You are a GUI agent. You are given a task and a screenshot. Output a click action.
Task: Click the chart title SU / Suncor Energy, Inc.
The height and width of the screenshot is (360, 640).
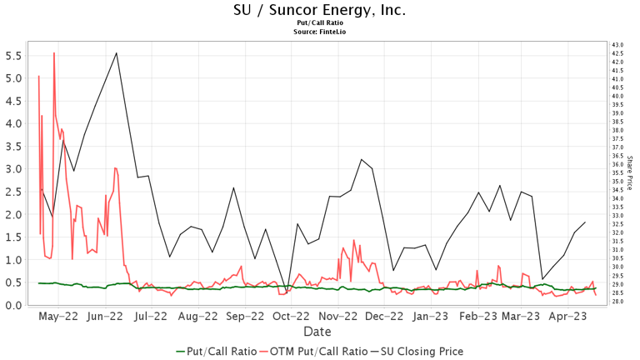pos(319,11)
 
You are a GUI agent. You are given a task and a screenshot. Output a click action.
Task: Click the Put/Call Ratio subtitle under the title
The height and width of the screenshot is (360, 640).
pos(319,23)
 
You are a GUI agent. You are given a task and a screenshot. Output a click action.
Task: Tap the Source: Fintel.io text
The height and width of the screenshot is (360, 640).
pos(319,32)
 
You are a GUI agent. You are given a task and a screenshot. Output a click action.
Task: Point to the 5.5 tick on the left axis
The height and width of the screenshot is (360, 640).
pos(12,56)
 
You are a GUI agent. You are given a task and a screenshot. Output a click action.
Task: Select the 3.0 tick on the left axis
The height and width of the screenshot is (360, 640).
pos(12,169)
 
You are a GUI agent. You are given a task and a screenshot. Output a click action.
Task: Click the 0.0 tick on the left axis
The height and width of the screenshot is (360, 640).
pos(12,305)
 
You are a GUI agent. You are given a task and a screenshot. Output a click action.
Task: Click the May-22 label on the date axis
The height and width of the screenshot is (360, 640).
pos(58,317)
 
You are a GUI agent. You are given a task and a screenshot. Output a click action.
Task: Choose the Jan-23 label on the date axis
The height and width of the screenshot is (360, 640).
pos(433,317)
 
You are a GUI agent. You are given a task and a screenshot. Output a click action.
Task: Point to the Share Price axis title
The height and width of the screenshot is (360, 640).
pos(630,173)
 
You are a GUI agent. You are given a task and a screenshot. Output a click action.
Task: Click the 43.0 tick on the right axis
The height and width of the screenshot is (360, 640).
pos(617,44)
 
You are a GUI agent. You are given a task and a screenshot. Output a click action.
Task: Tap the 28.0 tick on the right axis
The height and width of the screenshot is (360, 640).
pos(617,302)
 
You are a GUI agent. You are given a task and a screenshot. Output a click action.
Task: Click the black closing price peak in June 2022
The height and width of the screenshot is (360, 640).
pos(116,53)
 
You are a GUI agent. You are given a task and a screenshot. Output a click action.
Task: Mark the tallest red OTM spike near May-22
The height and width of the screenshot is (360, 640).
pos(54,53)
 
